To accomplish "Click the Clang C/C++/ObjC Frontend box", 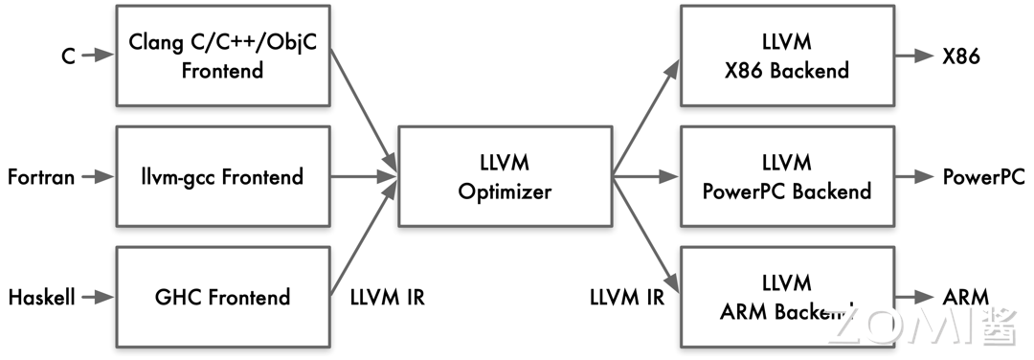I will (x=222, y=56).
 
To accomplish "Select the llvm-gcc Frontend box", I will (x=222, y=177).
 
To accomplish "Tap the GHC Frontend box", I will (x=222, y=297).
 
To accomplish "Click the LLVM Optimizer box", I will (x=505, y=177).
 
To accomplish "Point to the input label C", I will (x=68, y=56).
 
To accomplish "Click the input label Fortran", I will (x=41, y=177).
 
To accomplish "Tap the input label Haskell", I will (x=41, y=297).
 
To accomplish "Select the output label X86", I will (x=961, y=56).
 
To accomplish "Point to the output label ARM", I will (x=965, y=297).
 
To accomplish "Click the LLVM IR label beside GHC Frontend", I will (x=386, y=297).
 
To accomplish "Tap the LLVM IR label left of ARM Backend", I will (x=627, y=297).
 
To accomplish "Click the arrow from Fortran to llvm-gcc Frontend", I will (x=97, y=177).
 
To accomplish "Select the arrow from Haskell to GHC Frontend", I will (x=97, y=297).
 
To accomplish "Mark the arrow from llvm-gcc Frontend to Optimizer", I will (x=363, y=177).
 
